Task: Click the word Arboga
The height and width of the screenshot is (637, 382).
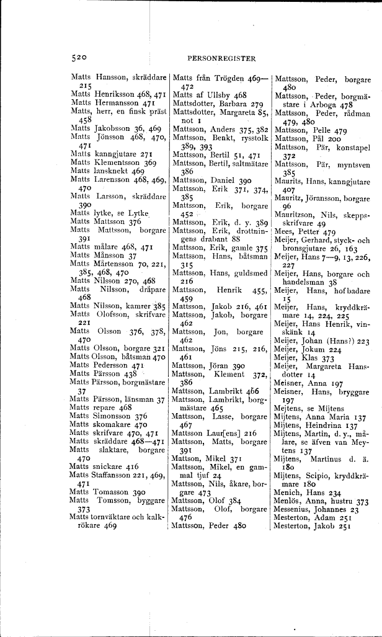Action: tap(319, 105)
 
